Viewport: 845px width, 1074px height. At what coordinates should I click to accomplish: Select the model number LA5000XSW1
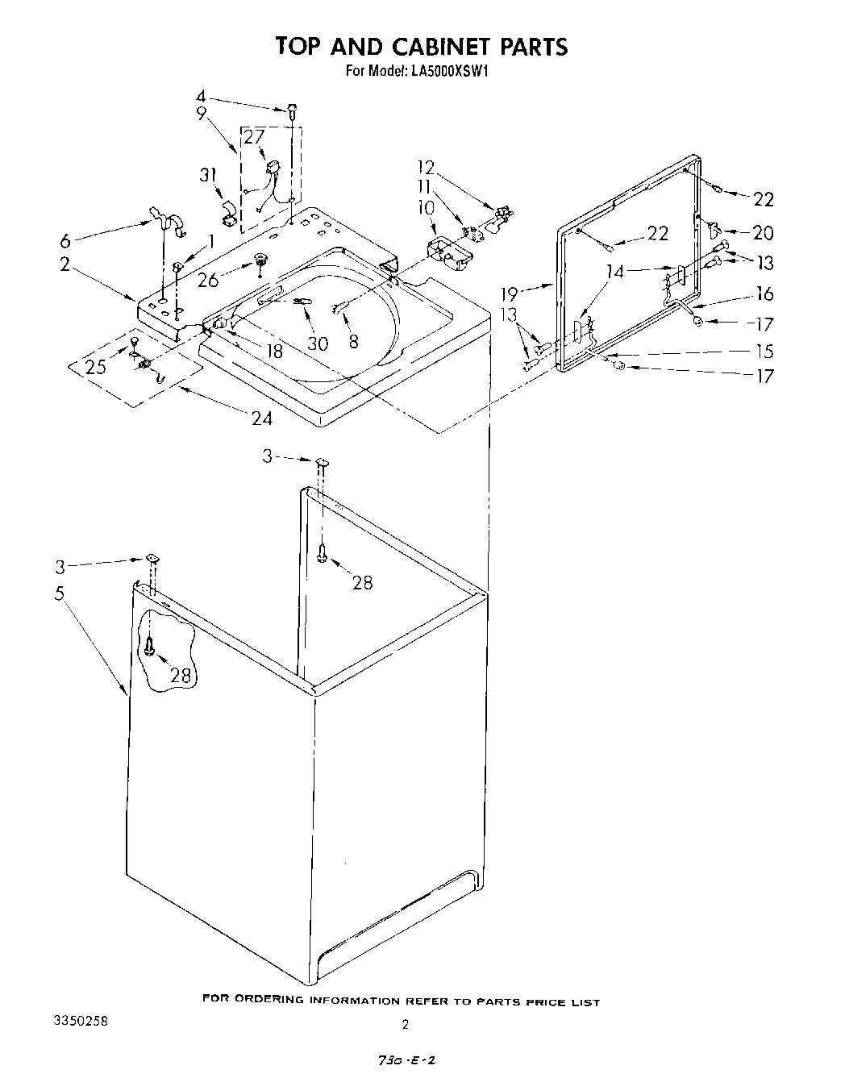(x=451, y=71)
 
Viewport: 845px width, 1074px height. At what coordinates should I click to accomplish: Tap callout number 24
(x=261, y=418)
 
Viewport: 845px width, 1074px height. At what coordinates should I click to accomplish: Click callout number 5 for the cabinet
(x=59, y=593)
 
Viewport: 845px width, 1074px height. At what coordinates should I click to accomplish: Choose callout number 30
(x=318, y=343)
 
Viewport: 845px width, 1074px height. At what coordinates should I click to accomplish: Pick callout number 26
(x=208, y=281)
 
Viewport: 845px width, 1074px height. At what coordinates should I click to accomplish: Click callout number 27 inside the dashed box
(x=254, y=136)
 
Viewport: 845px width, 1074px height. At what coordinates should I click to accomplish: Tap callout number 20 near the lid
(x=762, y=233)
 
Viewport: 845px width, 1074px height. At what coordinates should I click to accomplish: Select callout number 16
(x=764, y=293)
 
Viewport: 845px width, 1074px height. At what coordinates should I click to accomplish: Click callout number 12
(x=426, y=168)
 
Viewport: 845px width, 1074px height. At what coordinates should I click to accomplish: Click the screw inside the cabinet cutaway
(x=150, y=647)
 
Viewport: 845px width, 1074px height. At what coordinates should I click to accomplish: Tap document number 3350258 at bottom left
(x=80, y=1021)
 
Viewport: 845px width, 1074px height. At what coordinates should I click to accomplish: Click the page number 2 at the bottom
(x=406, y=1025)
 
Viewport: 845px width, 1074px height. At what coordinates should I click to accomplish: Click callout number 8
(x=353, y=342)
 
